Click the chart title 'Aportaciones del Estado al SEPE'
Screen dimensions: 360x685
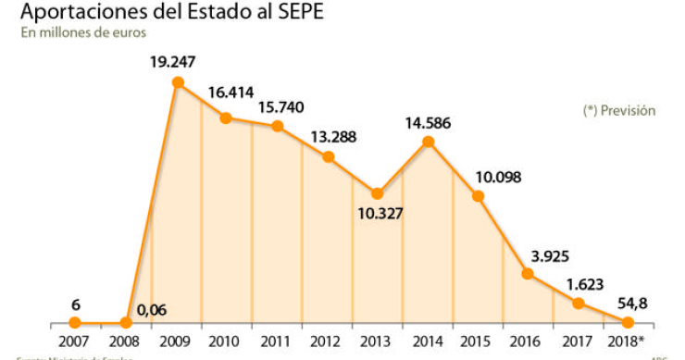pyautogui.click(x=171, y=12)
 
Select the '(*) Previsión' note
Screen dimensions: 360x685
pyautogui.click(x=618, y=110)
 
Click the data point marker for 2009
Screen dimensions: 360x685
pyautogui.click(x=178, y=82)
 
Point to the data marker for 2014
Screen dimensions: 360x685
pyautogui.click(x=428, y=141)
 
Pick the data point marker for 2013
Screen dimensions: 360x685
pyautogui.click(x=378, y=193)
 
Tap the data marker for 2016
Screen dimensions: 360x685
pyautogui.click(x=528, y=273)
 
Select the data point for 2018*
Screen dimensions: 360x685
pyautogui.click(x=628, y=322)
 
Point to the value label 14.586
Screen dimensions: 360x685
pyautogui.click(x=428, y=120)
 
